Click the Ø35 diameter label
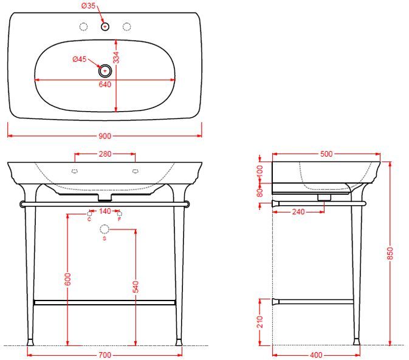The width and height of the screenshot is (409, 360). click(89, 5)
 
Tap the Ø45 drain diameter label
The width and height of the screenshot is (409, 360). click(80, 59)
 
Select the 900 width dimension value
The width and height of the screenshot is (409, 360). click(105, 136)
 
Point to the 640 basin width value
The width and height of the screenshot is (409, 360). click(105, 84)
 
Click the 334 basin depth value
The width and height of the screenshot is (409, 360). click(116, 58)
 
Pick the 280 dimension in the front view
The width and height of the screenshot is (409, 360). click(105, 154)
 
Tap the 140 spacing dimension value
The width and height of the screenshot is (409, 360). click(105, 211)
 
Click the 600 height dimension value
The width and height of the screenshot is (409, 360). click(67, 279)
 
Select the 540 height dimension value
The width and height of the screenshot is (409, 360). click(136, 287)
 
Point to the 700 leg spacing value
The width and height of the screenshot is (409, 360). click(105, 355)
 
